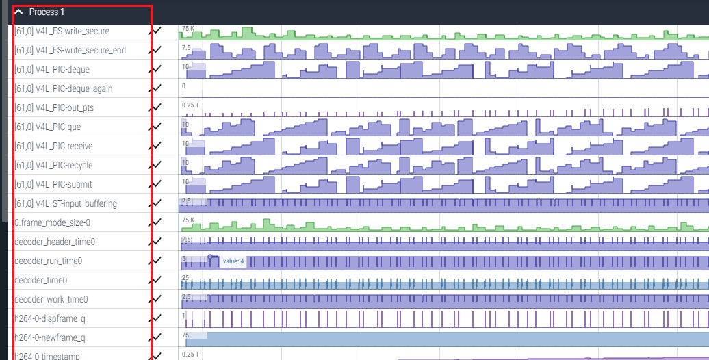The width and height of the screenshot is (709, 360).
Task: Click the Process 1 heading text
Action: (47, 12)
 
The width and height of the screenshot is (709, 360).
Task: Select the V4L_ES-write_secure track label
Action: (62, 31)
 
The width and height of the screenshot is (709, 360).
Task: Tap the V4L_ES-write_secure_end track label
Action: (70, 50)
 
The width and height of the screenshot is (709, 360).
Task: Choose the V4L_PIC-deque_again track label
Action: (63, 88)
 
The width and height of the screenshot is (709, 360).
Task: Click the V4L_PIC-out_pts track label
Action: (54, 107)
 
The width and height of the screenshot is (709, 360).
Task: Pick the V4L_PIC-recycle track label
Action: (53, 165)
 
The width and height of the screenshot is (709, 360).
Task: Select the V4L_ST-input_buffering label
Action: (65, 203)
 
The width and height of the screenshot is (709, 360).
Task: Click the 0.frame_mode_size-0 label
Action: (52, 222)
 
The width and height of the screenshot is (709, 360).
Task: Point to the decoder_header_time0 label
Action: (55, 242)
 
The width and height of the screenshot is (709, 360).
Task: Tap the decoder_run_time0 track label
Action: (48, 261)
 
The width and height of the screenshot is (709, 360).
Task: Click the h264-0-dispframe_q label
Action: (49, 318)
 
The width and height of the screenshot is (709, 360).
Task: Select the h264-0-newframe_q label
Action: (49, 337)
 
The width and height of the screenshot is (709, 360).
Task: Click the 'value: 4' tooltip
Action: (233, 261)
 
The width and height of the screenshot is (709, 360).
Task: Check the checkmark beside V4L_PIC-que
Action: (157, 127)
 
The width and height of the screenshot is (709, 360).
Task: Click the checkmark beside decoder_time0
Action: (157, 280)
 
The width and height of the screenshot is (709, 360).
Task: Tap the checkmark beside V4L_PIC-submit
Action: (157, 184)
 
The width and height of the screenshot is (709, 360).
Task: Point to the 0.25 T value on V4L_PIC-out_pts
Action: (191, 105)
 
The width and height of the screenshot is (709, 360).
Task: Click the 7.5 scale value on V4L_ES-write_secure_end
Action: (186, 48)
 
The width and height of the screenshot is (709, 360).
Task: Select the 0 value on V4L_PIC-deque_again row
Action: (183, 86)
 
